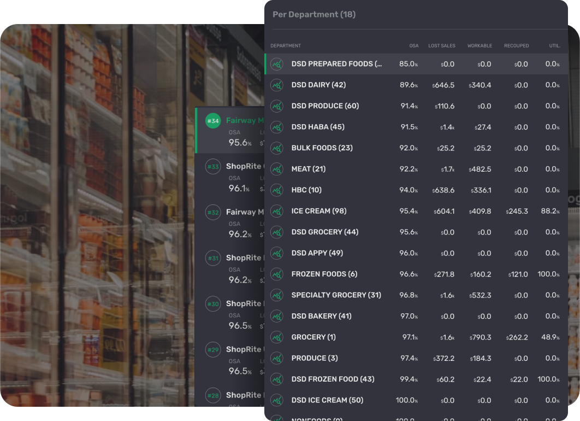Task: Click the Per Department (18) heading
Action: (x=314, y=15)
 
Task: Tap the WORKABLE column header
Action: (x=480, y=46)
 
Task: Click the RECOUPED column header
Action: (x=516, y=46)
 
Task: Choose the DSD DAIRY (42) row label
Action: (x=318, y=85)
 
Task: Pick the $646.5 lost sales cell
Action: (x=443, y=85)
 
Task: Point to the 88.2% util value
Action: (x=548, y=211)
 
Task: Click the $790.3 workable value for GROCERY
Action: (x=480, y=337)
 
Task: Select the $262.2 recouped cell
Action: (x=517, y=337)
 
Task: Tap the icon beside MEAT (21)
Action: (x=277, y=169)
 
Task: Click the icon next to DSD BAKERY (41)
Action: (x=277, y=316)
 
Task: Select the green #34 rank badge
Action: (x=213, y=121)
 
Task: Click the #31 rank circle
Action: (x=213, y=258)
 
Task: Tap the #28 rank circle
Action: (x=213, y=395)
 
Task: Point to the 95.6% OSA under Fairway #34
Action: (x=239, y=143)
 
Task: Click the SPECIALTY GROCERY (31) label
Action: (x=336, y=295)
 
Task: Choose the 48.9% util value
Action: (x=549, y=337)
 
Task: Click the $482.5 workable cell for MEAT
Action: (x=480, y=169)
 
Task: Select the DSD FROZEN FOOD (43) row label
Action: (x=333, y=379)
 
